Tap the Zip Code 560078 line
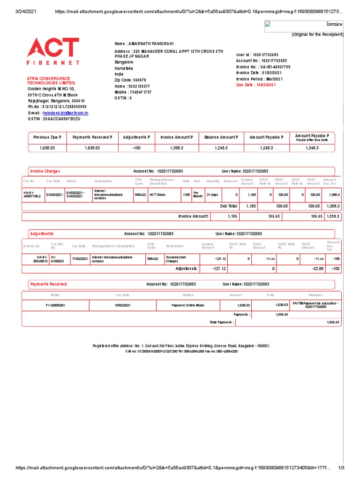(130, 80)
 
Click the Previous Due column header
(46, 137)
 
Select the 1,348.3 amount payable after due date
(312, 148)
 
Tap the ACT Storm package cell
(158, 194)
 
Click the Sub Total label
(229, 206)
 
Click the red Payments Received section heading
(48, 284)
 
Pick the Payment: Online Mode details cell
(188, 305)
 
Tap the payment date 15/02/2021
(122, 305)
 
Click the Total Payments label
(221, 322)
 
